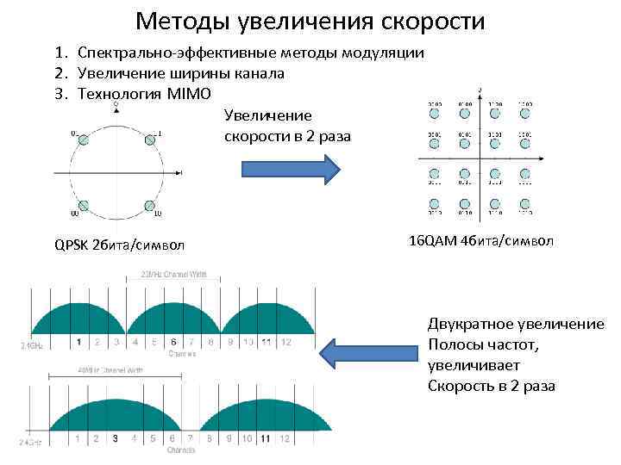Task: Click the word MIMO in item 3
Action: point(188,92)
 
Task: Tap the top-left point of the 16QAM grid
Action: point(434,113)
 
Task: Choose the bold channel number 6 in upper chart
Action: point(174,342)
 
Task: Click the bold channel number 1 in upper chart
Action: point(78,342)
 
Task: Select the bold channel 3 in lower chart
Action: point(116,438)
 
